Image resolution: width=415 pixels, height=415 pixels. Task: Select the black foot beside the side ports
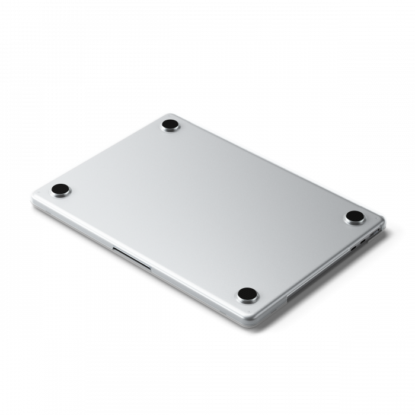point(355,216)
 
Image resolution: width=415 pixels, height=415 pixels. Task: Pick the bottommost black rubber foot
point(247,293)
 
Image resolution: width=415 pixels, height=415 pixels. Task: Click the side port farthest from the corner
point(353,248)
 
